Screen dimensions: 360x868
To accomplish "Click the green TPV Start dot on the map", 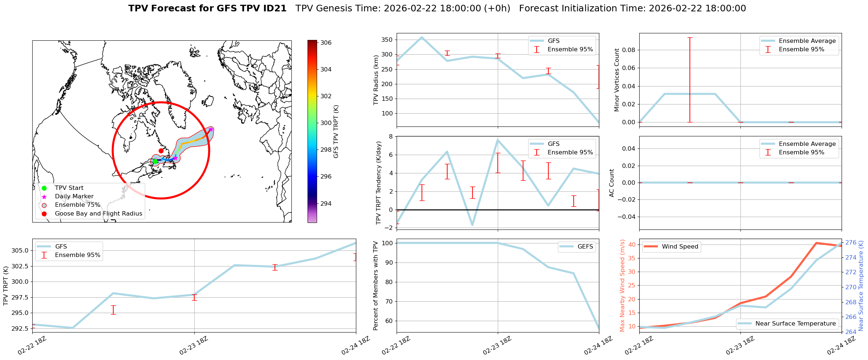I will click(x=155, y=161).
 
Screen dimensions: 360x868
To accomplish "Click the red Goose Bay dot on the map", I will click(x=161, y=151).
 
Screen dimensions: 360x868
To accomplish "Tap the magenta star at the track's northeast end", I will click(x=211, y=129).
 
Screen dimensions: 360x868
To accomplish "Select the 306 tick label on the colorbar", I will click(x=326, y=43).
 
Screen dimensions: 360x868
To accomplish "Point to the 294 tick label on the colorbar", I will click(x=326, y=203).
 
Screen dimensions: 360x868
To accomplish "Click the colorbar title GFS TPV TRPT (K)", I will click(x=336, y=131).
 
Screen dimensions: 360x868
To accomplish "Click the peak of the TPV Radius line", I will click(x=422, y=37).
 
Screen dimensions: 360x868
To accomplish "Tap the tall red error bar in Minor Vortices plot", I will click(x=690, y=80).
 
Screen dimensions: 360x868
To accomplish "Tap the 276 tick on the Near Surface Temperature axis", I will click(x=851, y=242).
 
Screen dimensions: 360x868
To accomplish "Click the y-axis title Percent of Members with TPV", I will click(x=376, y=286).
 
